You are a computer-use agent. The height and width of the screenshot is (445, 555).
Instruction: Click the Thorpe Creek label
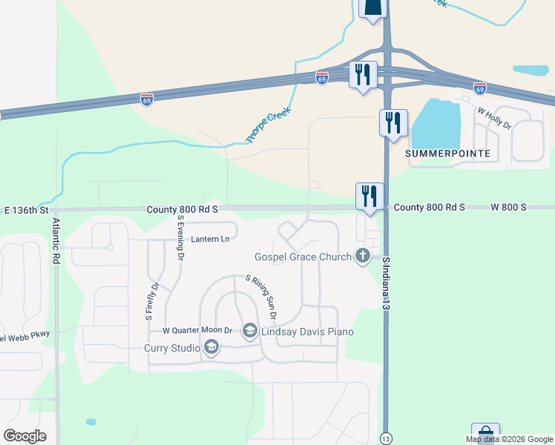tap(269, 125)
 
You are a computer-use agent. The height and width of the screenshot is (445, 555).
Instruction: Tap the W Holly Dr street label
tap(495, 118)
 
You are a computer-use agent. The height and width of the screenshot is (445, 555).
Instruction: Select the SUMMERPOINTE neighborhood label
tap(448, 153)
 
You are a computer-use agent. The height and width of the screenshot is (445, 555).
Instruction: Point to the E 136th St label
tap(26, 210)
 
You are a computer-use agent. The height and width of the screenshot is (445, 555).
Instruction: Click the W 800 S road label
tap(508, 208)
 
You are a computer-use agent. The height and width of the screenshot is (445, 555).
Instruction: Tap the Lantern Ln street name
tap(210, 239)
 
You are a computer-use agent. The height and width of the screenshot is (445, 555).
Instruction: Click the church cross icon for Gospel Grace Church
tap(363, 257)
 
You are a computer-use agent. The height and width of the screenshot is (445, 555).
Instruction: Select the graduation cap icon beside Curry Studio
tap(211, 348)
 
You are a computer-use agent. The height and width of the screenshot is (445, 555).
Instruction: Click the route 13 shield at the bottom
tap(385, 438)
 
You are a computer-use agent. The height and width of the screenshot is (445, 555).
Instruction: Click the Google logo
tap(24, 436)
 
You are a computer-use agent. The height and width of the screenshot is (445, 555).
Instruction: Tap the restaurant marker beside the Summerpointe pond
tap(393, 122)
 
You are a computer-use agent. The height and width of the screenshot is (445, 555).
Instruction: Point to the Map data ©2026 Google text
tap(510, 439)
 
